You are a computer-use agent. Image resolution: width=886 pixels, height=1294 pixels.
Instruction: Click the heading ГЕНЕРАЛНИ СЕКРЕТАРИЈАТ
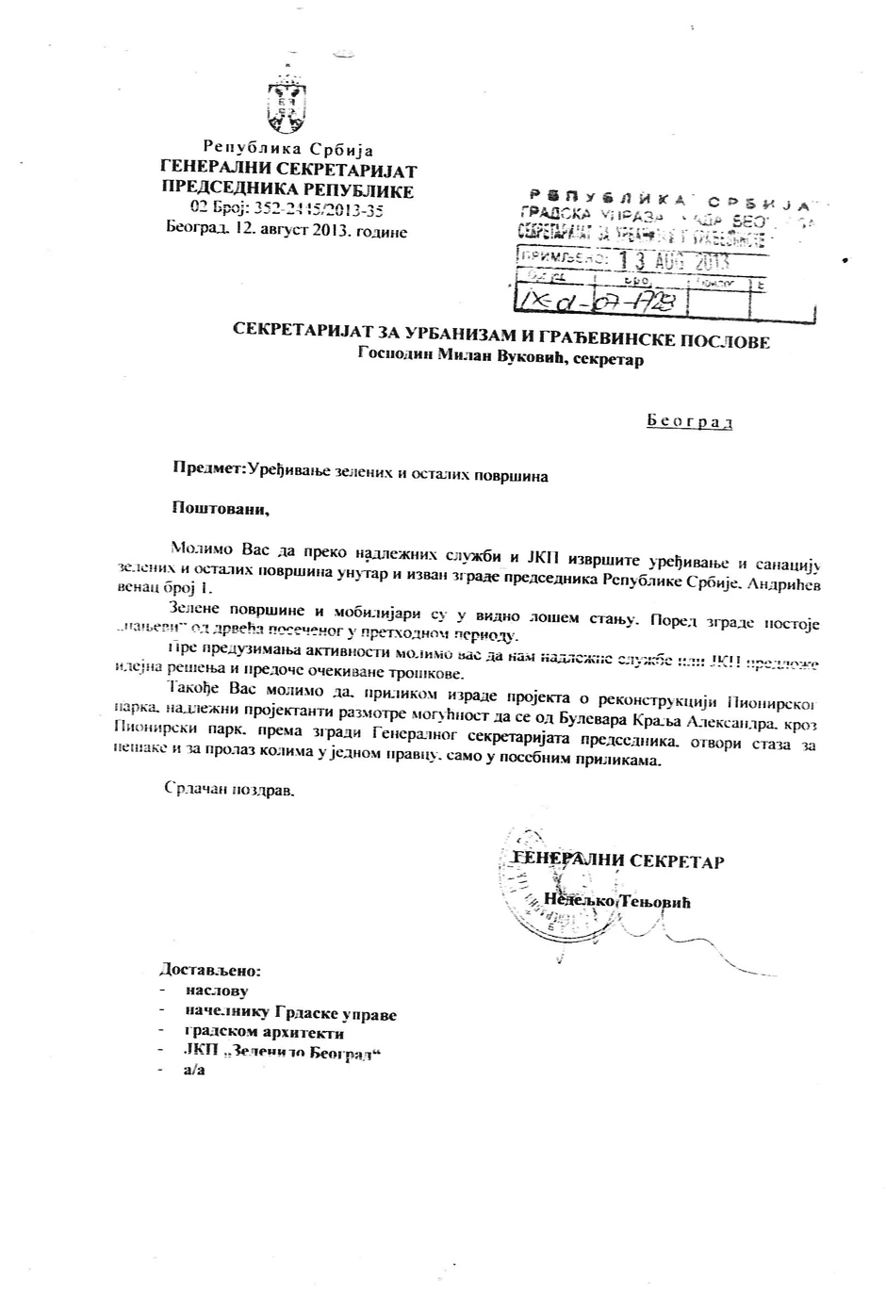[288, 171]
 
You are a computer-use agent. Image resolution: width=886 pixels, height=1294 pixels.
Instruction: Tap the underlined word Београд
[689, 421]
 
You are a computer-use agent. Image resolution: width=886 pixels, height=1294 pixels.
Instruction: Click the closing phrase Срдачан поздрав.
[230, 789]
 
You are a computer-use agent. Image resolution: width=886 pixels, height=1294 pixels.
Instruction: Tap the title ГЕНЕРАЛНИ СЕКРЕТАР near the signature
[617, 860]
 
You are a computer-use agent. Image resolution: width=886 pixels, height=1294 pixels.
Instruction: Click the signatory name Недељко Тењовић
[617, 902]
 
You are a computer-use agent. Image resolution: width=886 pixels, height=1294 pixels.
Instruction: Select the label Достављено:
[209, 970]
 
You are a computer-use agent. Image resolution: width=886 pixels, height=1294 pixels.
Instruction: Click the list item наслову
[217, 991]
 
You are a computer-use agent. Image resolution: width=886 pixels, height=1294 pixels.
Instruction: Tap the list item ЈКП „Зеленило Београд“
[283, 1053]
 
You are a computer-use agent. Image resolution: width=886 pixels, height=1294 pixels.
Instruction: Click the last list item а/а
[195, 1073]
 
